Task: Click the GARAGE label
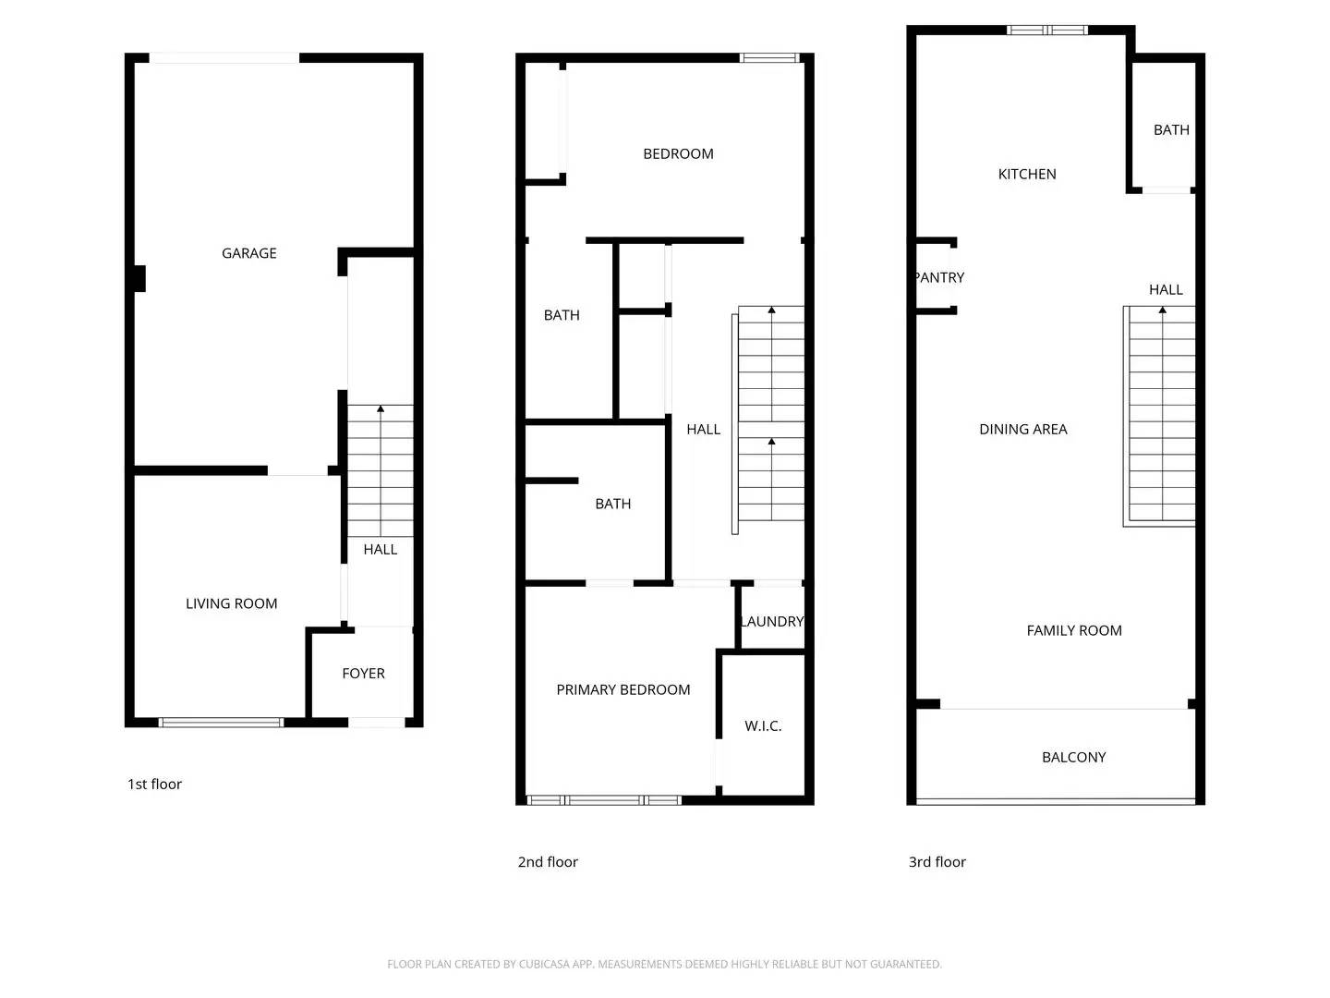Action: [249, 253]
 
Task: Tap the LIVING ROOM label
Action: [232, 603]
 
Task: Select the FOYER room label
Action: [363, 674]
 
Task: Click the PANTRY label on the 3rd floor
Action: [939, 277]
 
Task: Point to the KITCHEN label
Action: [1027, 174]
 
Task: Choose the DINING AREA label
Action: [1023, 429]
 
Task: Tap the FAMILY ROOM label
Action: [1074, 630]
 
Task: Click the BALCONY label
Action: [1073, 757]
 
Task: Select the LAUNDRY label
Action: [772, 622]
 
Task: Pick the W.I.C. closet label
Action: [763, 726]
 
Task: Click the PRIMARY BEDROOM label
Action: [623, 689]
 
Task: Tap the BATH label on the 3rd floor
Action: [1171, 130]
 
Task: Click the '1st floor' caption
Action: [154, 784]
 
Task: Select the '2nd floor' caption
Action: [548, 861]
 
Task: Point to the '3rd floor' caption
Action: [937, 861]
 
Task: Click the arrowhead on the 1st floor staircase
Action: [381, 408]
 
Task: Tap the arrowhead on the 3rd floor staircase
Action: [1162, 310]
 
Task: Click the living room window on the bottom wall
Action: [221, 722]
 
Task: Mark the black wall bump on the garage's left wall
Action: [139, 278]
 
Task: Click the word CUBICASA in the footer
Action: [543, 964]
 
